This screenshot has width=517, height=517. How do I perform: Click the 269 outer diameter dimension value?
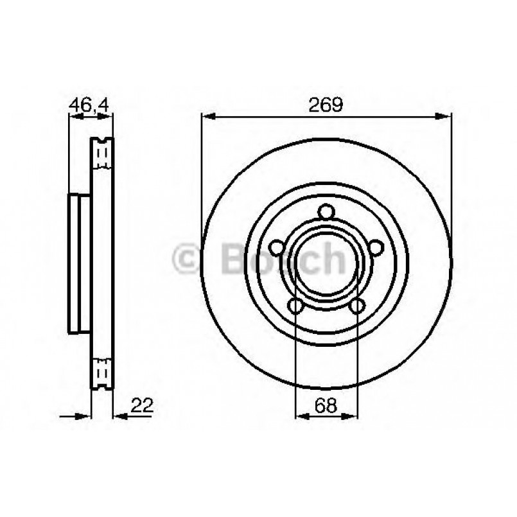coord(326,105)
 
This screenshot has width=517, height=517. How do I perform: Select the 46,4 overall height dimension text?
coord(89,105)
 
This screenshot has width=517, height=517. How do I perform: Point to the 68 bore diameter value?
coord(326,405)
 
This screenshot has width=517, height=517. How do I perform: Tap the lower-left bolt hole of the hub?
coord(295,306)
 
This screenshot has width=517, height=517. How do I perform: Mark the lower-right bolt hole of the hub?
coord(357,306)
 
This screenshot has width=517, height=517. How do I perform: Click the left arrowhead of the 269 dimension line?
coord(207,116)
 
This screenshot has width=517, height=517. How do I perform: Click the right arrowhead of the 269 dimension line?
coord(445,116)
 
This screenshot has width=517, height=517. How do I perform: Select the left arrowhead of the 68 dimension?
coord(301,417)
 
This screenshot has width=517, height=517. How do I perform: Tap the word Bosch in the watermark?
coord(283,259)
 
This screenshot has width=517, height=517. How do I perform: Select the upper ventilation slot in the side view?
coord(101,154)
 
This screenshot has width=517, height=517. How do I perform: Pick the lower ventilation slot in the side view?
coord(101,372)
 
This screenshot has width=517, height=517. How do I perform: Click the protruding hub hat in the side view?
coord(78,263)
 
